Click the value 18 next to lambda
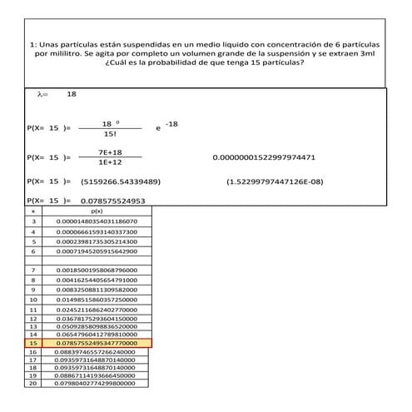(72, 95)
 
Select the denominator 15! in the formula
(110, 134)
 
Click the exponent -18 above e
(171, 124)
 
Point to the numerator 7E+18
(110, 152)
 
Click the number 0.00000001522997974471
(264, 157)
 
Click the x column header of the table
(33, 212)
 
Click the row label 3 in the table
(33, 221)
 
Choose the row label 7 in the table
(33, 271)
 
